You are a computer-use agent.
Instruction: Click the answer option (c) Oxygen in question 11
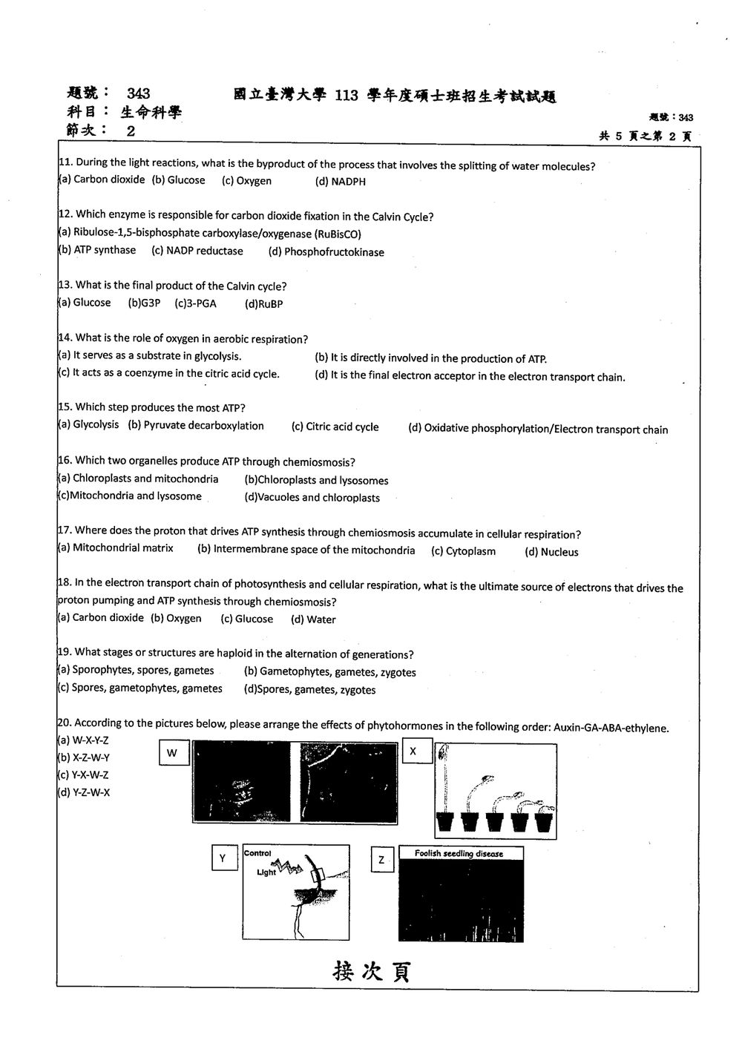[246, 181]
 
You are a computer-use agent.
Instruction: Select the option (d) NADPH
[340, 182]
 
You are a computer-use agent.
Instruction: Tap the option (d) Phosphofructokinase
[326, 252]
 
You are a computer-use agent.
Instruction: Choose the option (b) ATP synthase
[96, 250]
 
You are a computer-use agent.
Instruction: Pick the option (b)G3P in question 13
[144, 303]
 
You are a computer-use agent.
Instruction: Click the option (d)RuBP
[263, 304]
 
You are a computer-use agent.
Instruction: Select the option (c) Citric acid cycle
[335, 427]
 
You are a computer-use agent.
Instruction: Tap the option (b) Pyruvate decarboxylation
[196, 425]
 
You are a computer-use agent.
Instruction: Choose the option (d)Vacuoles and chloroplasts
[312, 497]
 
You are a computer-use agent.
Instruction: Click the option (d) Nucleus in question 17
[551, 552]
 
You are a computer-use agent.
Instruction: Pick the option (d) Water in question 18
[313, 619]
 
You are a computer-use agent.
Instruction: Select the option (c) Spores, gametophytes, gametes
[139, 688]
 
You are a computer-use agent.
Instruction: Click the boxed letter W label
[174, 752]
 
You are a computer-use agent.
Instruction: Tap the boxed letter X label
[417, 751]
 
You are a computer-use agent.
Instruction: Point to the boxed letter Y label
[224, 858]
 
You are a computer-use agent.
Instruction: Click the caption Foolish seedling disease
[459, 853]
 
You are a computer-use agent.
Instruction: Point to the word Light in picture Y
[266, 872]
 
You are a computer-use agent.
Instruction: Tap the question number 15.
[65, 407]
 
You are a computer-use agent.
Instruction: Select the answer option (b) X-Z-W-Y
[83, 757]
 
